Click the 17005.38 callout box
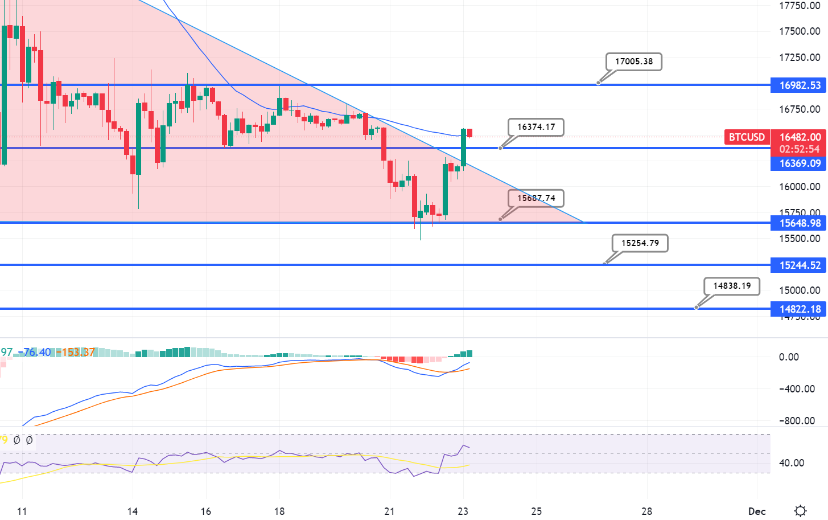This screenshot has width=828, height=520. [x=634, y=62]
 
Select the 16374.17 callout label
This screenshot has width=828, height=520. [x=536, y=127]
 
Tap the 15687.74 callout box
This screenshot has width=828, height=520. [x=536, y=198]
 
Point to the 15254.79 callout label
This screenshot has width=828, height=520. [x=640, y=243]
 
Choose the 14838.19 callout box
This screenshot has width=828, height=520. [x=732, y=286]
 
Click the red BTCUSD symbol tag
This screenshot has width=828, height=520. [x=747, y=137]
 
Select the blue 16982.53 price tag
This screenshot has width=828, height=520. [x=800, y=85]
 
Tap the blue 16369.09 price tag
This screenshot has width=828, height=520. [x=800, y=163]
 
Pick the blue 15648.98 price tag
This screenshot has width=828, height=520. [x=800, y=223]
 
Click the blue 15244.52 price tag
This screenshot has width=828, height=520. [x=800, y=265]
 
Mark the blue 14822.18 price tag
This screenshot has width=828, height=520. [x=800, y=309]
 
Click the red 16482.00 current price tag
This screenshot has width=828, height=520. [x=800, y=137]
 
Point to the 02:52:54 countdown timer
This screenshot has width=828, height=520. [x=800, y=149]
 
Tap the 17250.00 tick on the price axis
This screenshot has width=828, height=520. [x=800, y=58]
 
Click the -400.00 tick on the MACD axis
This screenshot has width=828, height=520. [x=797, y=389]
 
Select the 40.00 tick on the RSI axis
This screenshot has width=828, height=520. [x=791, y=463]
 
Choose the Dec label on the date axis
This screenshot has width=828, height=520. [x=757, y=511]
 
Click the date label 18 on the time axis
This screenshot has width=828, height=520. [x=279, y=511]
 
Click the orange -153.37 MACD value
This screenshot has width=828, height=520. [x=76, y=353]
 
